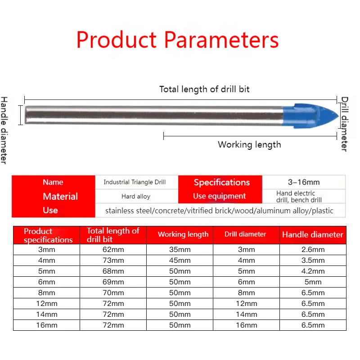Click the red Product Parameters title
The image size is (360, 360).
point(177,40)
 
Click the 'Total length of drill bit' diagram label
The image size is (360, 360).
point(204,89)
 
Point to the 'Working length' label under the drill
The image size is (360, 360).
point(249,144)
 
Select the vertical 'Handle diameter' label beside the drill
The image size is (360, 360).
point(4,130)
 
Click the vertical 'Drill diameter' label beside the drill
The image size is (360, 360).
point(344,124)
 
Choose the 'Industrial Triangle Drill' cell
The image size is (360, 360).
point(135,182)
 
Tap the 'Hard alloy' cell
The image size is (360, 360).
point(136,196)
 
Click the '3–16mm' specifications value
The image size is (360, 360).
point(304,182)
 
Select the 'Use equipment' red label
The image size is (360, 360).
point(219,196)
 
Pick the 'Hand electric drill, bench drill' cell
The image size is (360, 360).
point(299,197)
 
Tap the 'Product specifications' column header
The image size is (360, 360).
point(48,235)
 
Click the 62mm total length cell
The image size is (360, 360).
point(113,250)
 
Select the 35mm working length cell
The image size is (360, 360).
point(180,250)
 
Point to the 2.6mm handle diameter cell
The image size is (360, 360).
point(313,250)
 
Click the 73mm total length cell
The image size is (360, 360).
point(113,261)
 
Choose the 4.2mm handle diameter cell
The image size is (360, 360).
point(313,271)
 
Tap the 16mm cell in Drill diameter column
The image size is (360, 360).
point(246,325)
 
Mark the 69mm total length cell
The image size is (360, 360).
point(113,282)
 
